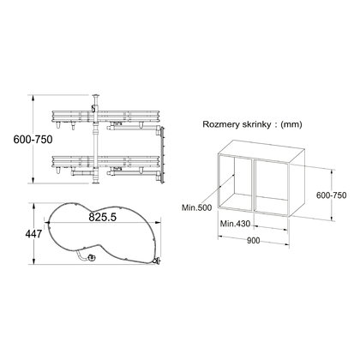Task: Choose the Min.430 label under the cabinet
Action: (236, 224)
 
